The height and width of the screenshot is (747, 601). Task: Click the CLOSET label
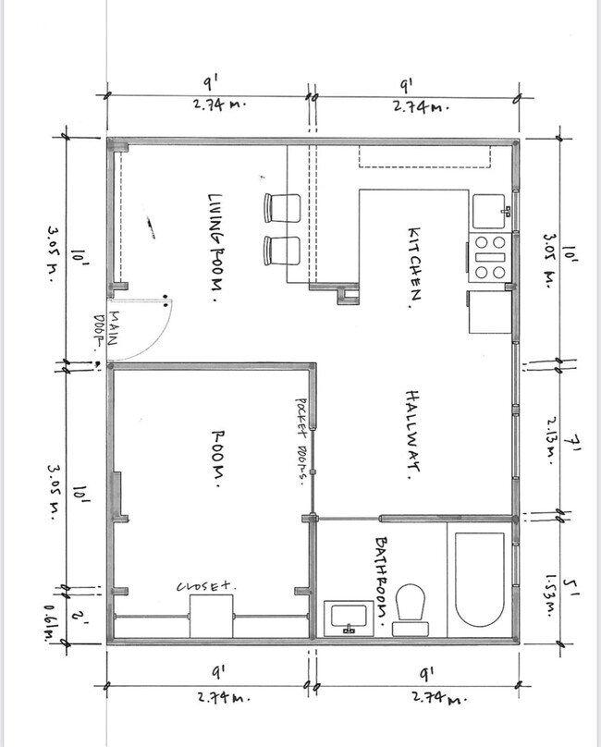[207, 586]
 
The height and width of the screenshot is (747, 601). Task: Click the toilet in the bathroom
[410, 610]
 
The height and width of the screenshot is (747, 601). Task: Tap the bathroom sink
[350, 617]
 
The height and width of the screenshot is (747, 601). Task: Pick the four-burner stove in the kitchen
[489, 257]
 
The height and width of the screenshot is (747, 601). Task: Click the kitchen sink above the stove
[488, 211]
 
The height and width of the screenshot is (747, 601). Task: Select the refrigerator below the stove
[489, 312]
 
